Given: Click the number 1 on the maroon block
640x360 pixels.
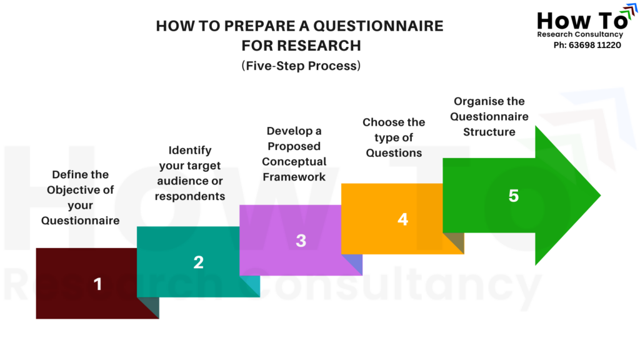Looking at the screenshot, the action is pyautogui.click(x=97, y=284).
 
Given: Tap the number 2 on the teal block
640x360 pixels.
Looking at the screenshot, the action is pyautogui.click(x=198, y=262).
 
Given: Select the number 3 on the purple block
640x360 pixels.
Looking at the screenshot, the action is pyautogui.click(x=301, y=241).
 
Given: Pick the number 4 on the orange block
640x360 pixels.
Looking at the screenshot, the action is pyautogui.click(x=403, y=219).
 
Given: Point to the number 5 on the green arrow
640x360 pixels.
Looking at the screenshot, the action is pyautogui.click(x=514, y=196).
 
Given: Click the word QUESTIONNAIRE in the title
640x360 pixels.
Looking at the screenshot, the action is pyautogui.click(x=378, y=26).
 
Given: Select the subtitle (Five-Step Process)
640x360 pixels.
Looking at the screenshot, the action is pyautogui.click(x=301, y=66).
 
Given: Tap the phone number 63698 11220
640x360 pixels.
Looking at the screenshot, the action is pyautogui.click(x=595, y=45).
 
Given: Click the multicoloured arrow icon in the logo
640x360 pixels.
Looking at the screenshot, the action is pyautogui.click(x=629, y=11).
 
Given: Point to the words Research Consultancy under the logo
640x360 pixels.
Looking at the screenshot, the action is pyautogui.click(x=580, y=34).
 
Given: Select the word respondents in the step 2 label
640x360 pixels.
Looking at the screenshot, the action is pyautogui.click(x=190, y=196).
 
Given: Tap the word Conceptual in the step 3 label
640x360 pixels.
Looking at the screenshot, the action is pyautogui.click(x=294, y=162).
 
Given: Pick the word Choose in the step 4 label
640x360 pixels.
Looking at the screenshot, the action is pyautogui.click(x=377, y=122).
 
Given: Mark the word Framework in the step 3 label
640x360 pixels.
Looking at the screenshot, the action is pyautogui.click(x=294, y=177).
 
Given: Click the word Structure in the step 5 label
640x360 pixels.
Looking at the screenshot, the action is pyautogui.click(x=489, y=132).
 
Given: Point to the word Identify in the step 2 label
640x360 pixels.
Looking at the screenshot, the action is pyautogui.click(x=190, y=150).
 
